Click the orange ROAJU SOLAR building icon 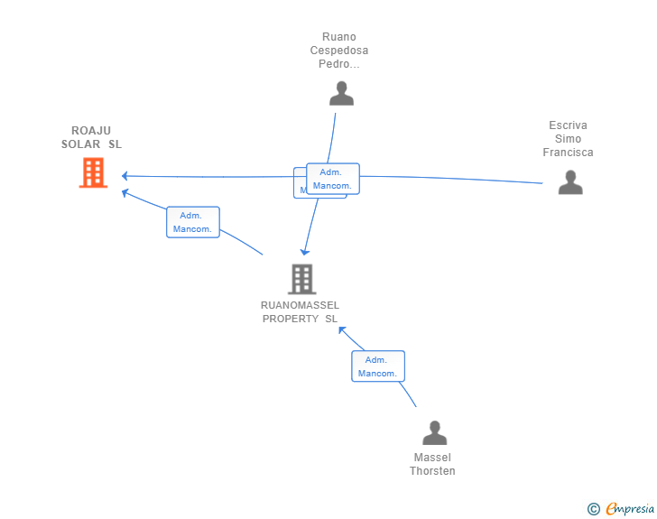click(x=93, y=172)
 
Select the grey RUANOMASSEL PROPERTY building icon click(x=301, y=279)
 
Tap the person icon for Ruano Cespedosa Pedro click(x=341, y=93)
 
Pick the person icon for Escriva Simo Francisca click(x=569, y=182)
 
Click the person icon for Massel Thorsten click(x=434, y=433)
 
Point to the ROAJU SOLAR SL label click(x=91, y=137)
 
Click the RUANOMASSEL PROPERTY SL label click(x=300, y=311)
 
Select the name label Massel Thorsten click(x=432, y=464)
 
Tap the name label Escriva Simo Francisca click(x=568, y=139)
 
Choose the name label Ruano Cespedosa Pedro click(x=339, y=51)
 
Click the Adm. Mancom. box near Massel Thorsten click(x=377, y=366)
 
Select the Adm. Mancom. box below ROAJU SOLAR click(x=192, y=222)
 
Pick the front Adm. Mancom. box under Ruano click(x=332, y=179)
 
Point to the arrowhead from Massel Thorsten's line click(x=342, y=329)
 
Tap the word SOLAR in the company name click(x=81, y=144)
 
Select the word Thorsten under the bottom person click(x=432, y=471)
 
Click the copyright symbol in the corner click(x=593, y=509)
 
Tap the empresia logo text click(x=630, y=509)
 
